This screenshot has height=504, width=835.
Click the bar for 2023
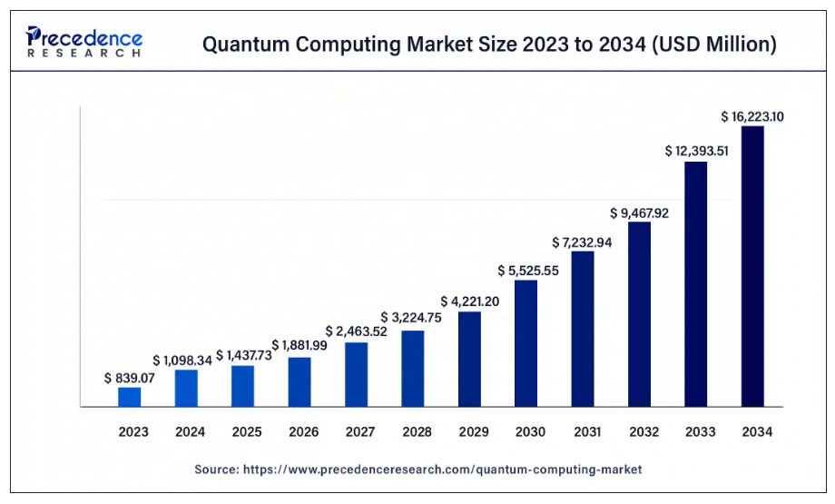130,397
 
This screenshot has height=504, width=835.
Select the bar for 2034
752,266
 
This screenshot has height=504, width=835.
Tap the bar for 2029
469,359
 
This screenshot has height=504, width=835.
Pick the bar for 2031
583,329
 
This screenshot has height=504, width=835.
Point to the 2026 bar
300,381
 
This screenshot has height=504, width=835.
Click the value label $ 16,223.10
752,116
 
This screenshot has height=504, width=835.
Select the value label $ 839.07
130,377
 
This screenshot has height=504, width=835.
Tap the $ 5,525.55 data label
526,271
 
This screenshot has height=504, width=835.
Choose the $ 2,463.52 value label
357,331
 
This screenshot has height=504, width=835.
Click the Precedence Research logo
83,42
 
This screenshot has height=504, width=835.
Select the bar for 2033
696,283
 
